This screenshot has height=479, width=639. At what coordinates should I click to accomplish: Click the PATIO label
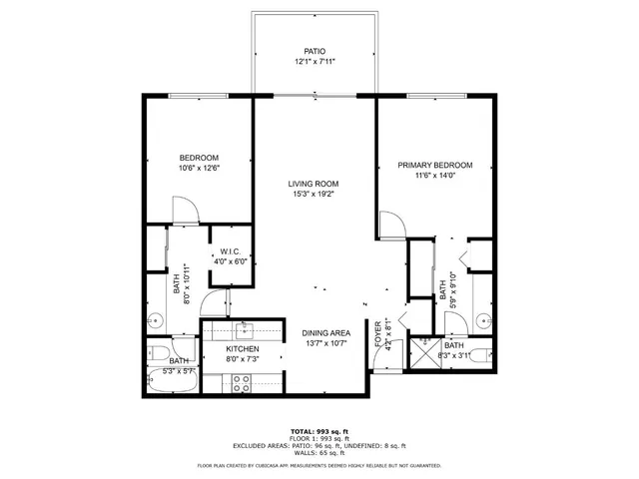pos(315,51)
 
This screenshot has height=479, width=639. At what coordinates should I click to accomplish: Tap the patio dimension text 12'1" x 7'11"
pos(315,62)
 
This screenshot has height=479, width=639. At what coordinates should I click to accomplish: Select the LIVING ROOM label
pos(314,184)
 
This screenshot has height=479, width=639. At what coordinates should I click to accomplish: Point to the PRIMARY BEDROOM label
pos(434,166)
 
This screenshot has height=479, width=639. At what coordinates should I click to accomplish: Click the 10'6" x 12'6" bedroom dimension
pos(199,169)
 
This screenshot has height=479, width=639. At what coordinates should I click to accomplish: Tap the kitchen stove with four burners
pos(241,380)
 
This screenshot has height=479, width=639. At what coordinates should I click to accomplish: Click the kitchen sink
pos(244,329)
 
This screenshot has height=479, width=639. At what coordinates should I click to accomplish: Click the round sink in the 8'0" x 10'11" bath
pos(156,321)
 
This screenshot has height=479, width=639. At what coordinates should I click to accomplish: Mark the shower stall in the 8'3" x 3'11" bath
pos(421,349)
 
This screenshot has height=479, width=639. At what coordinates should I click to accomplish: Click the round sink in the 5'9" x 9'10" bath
pos(483,321)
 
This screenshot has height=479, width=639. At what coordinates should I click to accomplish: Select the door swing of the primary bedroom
pos(391,225)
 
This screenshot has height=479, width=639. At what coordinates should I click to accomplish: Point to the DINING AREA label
pos(324,333)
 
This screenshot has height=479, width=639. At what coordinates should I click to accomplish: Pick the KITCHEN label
pos(243,349)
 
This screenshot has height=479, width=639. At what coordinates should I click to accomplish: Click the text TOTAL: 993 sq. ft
pos(319,430)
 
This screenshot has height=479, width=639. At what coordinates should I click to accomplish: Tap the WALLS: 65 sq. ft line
pos(319,452)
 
